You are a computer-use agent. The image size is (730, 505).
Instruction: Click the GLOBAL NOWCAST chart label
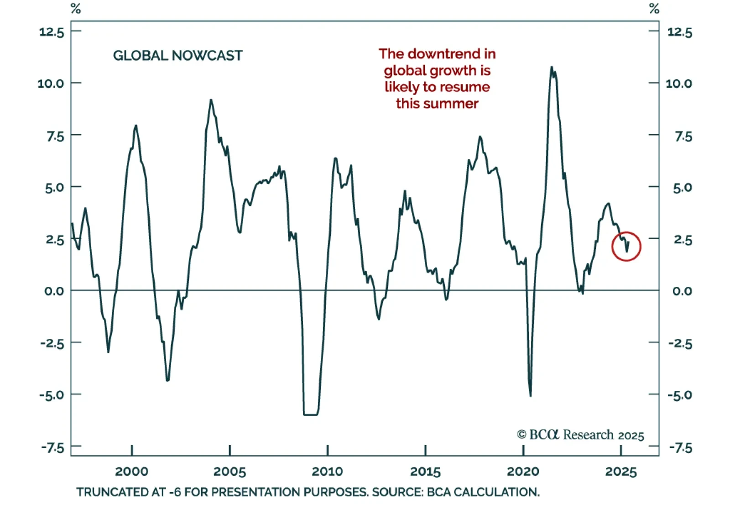click(x=177, y=56)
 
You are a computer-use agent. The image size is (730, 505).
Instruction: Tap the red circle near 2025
click(x=626, y=246)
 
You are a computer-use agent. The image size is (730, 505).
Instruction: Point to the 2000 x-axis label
click(x=131, y=471)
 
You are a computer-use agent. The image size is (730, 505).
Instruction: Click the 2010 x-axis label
click(x=327, y=471)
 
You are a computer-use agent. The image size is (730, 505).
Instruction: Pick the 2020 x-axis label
click(x=523, y=471)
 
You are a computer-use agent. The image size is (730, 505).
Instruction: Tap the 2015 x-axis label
click(x=425, y=471)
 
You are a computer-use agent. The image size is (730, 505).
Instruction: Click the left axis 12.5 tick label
click(x=52, y=32)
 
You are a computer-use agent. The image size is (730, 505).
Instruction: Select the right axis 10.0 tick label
click(x=678, y=84)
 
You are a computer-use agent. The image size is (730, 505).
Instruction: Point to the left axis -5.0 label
click(x=52, y=395)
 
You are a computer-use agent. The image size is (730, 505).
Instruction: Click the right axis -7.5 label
click(x=680, y=447)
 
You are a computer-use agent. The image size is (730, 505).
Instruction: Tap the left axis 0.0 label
click(x=54, y=291)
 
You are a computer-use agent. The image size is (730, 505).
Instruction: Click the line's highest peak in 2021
click(x=552, y=68)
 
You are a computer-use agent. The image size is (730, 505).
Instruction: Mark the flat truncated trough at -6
click(x=310, y=414)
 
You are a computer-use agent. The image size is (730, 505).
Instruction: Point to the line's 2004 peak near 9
click(x=211, y=100)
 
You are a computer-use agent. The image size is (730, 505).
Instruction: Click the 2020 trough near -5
click(x=530, y=395)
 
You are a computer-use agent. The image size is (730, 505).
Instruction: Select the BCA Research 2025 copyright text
click(x=580, y=435)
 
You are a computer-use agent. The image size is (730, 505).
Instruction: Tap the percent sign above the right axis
click(x=654, y=8)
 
